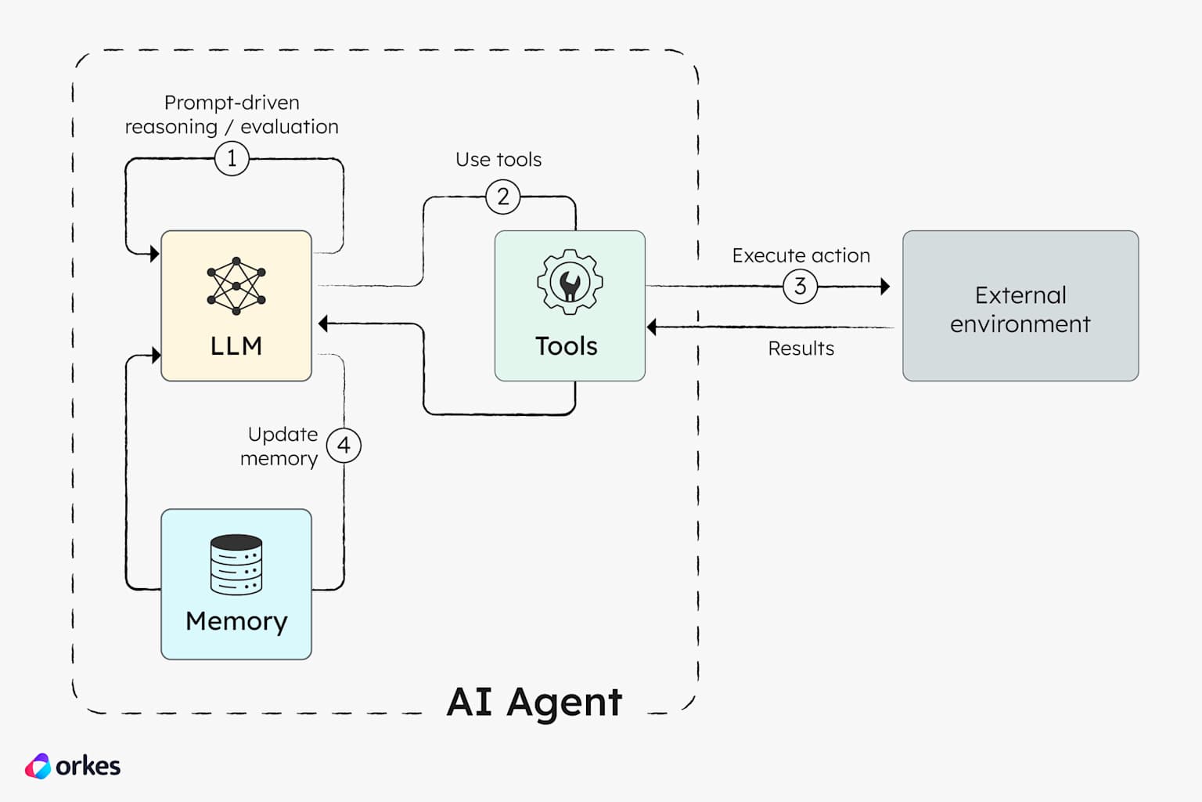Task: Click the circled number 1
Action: click(x=232, y=159)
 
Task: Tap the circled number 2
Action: click(x=503, y=197)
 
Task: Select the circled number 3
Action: click(x=800, y=287)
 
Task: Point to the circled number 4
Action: click(x=344, y=446)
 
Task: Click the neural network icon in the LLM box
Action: click(x=236, y=286)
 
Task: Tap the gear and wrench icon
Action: click(x=570, y=282)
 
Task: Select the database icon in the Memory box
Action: click(x=236, y=565)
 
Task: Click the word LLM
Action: click(x=236, y=346)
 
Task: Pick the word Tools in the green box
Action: click(x=567, y=346)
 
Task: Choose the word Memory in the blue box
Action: click(x=236, y=621)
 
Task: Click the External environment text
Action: click(x=1020, y=309)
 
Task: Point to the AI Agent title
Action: click(x=534, y=702)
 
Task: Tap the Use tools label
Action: click(x=498, y=160)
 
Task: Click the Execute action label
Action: click(x=801, y=256)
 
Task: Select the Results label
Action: click(x=801, y=349)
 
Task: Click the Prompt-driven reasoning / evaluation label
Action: click(x=232, y=115)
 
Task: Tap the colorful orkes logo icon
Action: click(x=38, y=766)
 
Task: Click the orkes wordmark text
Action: click(x=88, y=766)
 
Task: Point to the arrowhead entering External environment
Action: click(x=885, y=287)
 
